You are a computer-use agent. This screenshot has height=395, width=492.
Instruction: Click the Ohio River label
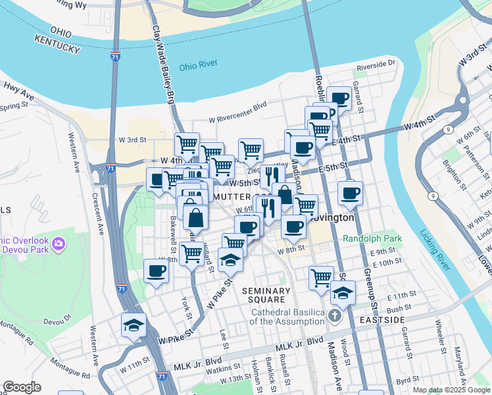pos(198,66)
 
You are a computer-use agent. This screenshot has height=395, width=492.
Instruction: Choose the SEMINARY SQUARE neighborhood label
pos(266,295)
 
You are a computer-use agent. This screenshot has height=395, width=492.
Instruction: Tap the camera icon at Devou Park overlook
pos(59,244)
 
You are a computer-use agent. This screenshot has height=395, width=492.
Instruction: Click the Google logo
pos(22,387)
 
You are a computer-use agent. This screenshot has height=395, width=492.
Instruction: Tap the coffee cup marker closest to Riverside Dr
pos(339,99)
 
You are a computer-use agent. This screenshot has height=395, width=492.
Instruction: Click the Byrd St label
pos(408,380)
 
